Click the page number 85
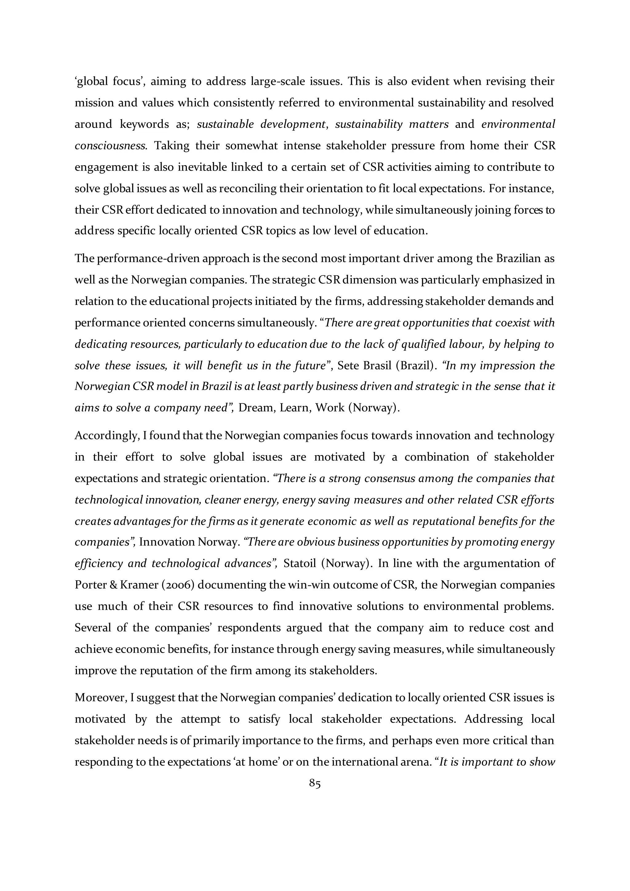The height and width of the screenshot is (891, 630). [x=315, y=784]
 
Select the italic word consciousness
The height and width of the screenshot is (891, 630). [x=110, y=146]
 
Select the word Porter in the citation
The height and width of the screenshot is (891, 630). [x=91, y=585]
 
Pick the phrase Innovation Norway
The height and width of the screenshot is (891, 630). [x=188, y=542]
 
